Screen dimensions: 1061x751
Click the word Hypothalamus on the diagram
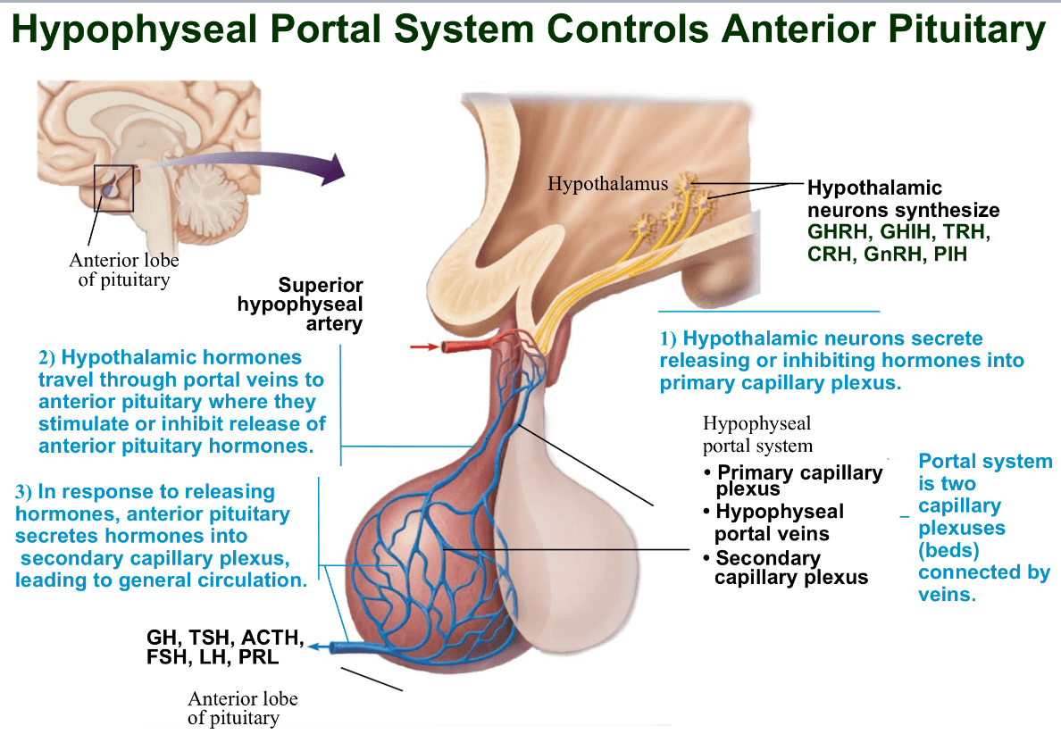point(607,184)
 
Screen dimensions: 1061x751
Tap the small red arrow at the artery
point(424,347)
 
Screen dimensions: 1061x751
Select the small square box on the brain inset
point(113,188)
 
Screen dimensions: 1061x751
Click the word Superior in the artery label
point(321,285)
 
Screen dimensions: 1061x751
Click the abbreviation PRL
point(258,657)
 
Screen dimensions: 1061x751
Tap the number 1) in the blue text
point(668,339)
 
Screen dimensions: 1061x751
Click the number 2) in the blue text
point(46,358)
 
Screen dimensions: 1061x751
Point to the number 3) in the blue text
point(24,492)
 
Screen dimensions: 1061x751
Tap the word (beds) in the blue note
point(948,551)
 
